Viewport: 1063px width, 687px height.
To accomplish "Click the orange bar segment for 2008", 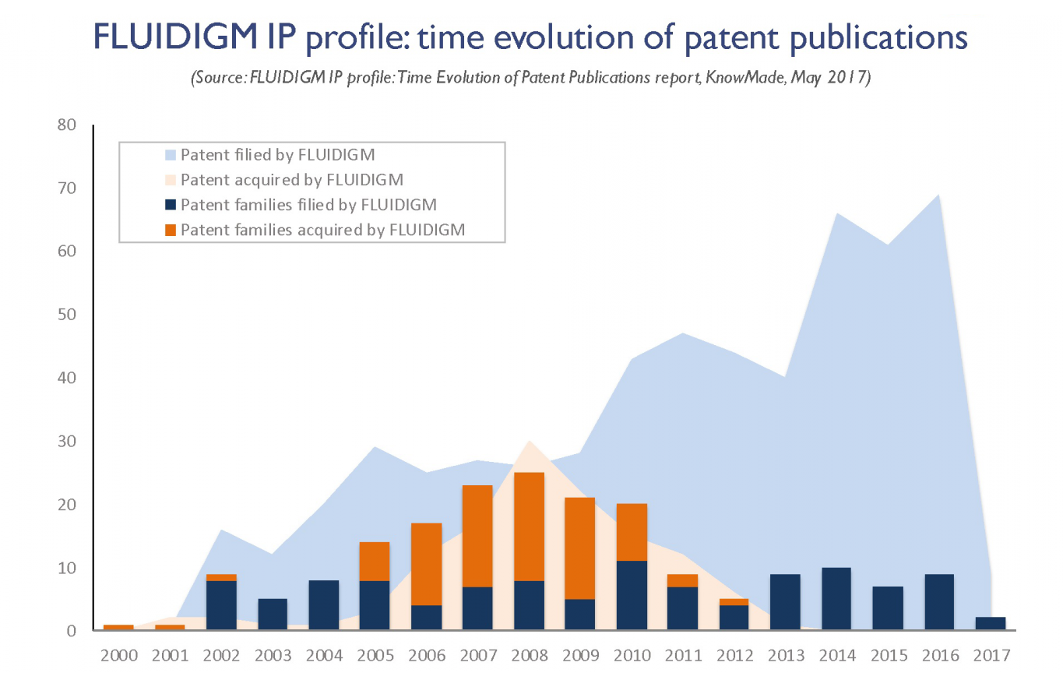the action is click(x=529, y=527).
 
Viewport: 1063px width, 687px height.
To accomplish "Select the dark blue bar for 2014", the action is click(x=836, y=599).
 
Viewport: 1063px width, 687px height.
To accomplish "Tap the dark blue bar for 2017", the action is click(x=991, y=623).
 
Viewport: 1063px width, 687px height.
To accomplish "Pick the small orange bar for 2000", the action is click(x=118, y=627).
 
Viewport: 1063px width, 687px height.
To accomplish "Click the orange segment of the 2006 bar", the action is click(x=426, y=564).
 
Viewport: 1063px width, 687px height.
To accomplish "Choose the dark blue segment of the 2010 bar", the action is click(x=632, y=595).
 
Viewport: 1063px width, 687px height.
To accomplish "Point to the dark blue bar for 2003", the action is click(x=273, y=615).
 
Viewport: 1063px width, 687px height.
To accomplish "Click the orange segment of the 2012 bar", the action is click(x=734, y=602).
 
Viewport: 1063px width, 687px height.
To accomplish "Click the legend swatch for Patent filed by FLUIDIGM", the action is click(x=171, y=155).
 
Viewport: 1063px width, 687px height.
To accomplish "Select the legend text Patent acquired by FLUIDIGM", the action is click(x=292, y=180).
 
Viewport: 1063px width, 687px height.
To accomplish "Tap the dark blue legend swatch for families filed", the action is click(x=171, y=205).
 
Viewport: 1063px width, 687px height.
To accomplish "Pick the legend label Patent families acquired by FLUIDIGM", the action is click(x=322, y=231).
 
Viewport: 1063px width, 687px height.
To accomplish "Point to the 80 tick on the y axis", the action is click(x=66, y=125).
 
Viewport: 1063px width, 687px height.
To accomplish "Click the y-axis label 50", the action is click(x=66, y=315).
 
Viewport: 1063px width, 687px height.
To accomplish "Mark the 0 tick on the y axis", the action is click(x=71, y=631).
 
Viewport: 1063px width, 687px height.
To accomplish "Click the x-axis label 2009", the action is click(x=581, y=656).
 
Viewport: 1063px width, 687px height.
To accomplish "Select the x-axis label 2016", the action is click(x=940, y=656).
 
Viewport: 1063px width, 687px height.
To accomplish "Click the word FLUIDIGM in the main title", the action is click(x=175, y=37).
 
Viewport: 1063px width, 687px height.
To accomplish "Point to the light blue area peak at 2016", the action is click(x=938, y=195).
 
